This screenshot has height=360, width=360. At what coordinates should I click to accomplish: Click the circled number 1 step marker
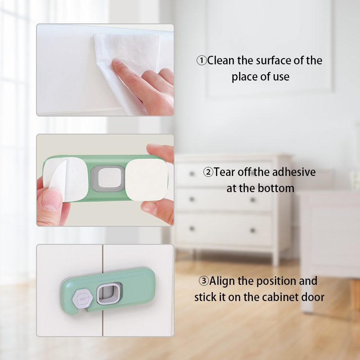(x=202, y=61)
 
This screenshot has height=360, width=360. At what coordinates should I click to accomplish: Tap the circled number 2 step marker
(x=208, y=172)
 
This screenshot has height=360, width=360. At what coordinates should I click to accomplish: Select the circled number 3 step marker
(x=204, y=281)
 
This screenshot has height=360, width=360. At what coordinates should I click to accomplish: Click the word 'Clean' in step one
(x=221, y=60)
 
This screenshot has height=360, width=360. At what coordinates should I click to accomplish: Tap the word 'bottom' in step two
(x=276, y=188)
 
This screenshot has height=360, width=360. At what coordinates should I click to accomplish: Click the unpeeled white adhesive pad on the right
(x=147, y=180)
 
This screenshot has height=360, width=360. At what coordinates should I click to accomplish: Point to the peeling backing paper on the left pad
(x=59, y=177)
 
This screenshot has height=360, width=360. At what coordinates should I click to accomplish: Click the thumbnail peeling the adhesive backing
(x=51, y=200)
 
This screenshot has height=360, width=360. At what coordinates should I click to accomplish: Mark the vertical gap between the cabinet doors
(x=103, y=290)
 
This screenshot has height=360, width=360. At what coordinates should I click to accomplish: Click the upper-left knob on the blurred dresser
(x=192, y=174)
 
